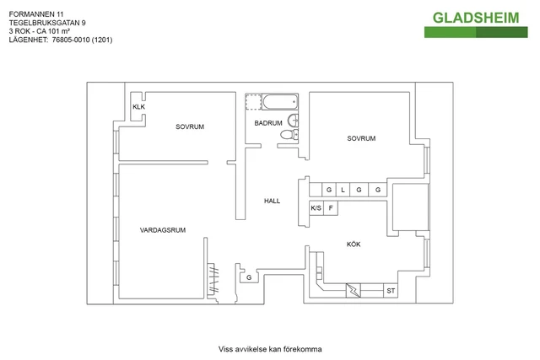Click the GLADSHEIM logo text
[x=476, y=18]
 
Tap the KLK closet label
[x=138, y=107]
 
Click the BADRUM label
[x=268, y=123]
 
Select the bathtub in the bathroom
[x=279, y=102]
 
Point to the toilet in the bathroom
[x=289, y=135]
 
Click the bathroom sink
[x=293, y=121]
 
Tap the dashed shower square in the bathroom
[x=253, y=102]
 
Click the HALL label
[x=272, y=201]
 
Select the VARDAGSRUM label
[x=163, y=230]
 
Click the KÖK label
[x=354, y=244]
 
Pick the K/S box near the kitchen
[x=316, y=208]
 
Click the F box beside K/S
[x=331, y=208]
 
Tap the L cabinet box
[x=343, y=190]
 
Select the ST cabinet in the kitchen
[x=391, y=291]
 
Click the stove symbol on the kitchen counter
[x=354, y=291]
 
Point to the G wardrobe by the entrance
[x=249, y=277]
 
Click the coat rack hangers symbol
[x=213, y=279]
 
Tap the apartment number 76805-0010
[x=71, y=40]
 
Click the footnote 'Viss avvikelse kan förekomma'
[x=270, y=349]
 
